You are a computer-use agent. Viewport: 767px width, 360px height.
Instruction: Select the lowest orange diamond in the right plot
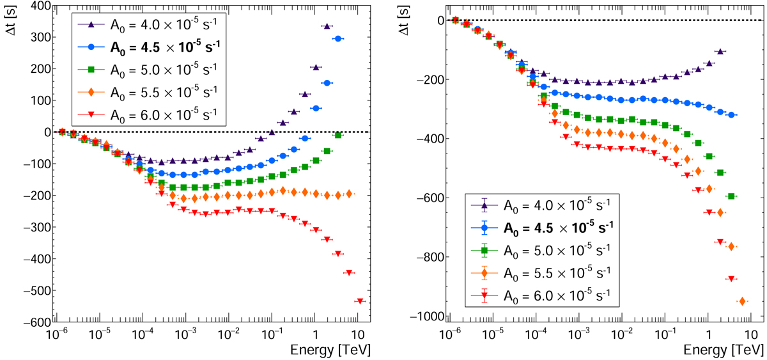tap(743, 301)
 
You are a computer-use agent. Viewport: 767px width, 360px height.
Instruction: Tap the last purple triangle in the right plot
tap(720, 51)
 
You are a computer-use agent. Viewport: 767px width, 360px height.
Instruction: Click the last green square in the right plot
tap(732, 196)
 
